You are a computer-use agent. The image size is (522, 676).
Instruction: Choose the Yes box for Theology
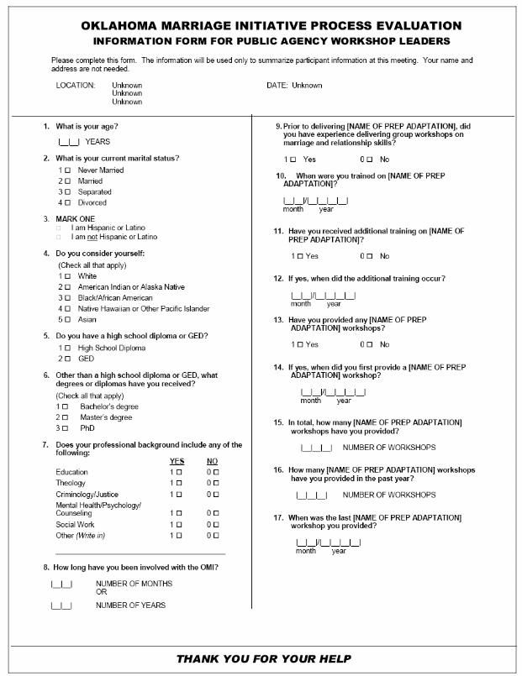(178, 483)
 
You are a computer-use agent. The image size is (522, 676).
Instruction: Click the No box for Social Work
(215, 524)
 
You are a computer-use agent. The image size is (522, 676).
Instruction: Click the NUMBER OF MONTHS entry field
(61, 583)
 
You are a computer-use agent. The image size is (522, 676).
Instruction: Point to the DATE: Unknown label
(293, 85)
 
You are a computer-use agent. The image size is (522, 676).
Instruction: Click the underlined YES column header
(177, 461)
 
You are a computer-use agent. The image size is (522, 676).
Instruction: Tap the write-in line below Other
(140, 554)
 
